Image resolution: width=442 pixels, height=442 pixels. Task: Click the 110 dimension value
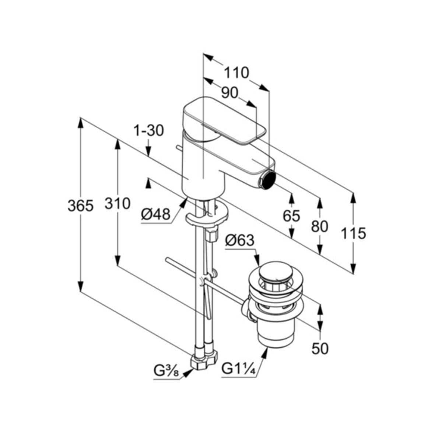(x=236, y=73)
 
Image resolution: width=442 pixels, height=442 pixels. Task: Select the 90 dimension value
(x=230, y=92)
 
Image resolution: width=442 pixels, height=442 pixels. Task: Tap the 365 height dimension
(x=80, y=206)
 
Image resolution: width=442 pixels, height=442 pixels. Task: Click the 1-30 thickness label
(x=148, y=131)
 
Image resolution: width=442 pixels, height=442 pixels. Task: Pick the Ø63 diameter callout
(x=239, y=241)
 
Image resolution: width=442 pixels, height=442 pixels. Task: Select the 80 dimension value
(x=319, y=226)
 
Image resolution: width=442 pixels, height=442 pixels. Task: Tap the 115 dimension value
(x=353, y=233)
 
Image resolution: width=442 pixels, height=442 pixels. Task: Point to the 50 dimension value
(x=319, y=348)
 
